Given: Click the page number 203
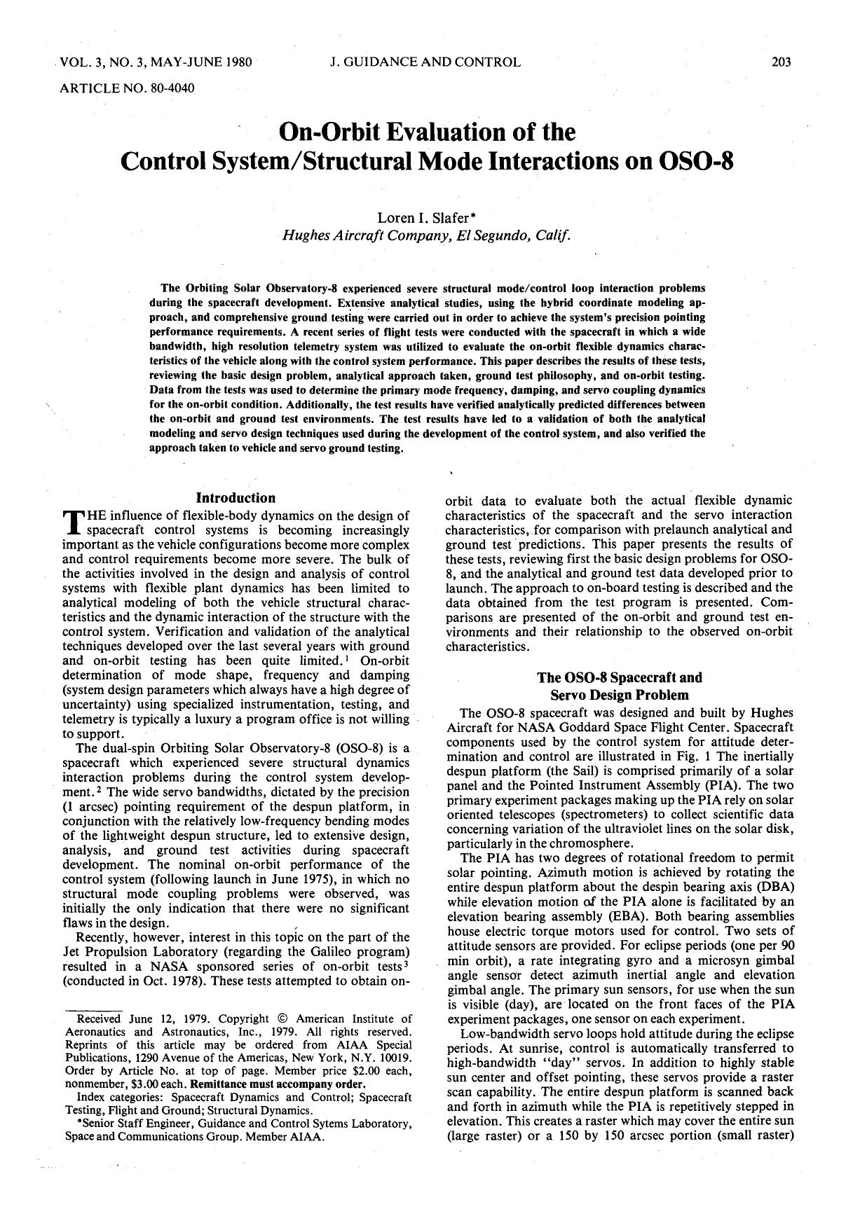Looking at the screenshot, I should [x=781, y=62].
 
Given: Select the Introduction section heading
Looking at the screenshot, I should [x=236, y=498].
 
